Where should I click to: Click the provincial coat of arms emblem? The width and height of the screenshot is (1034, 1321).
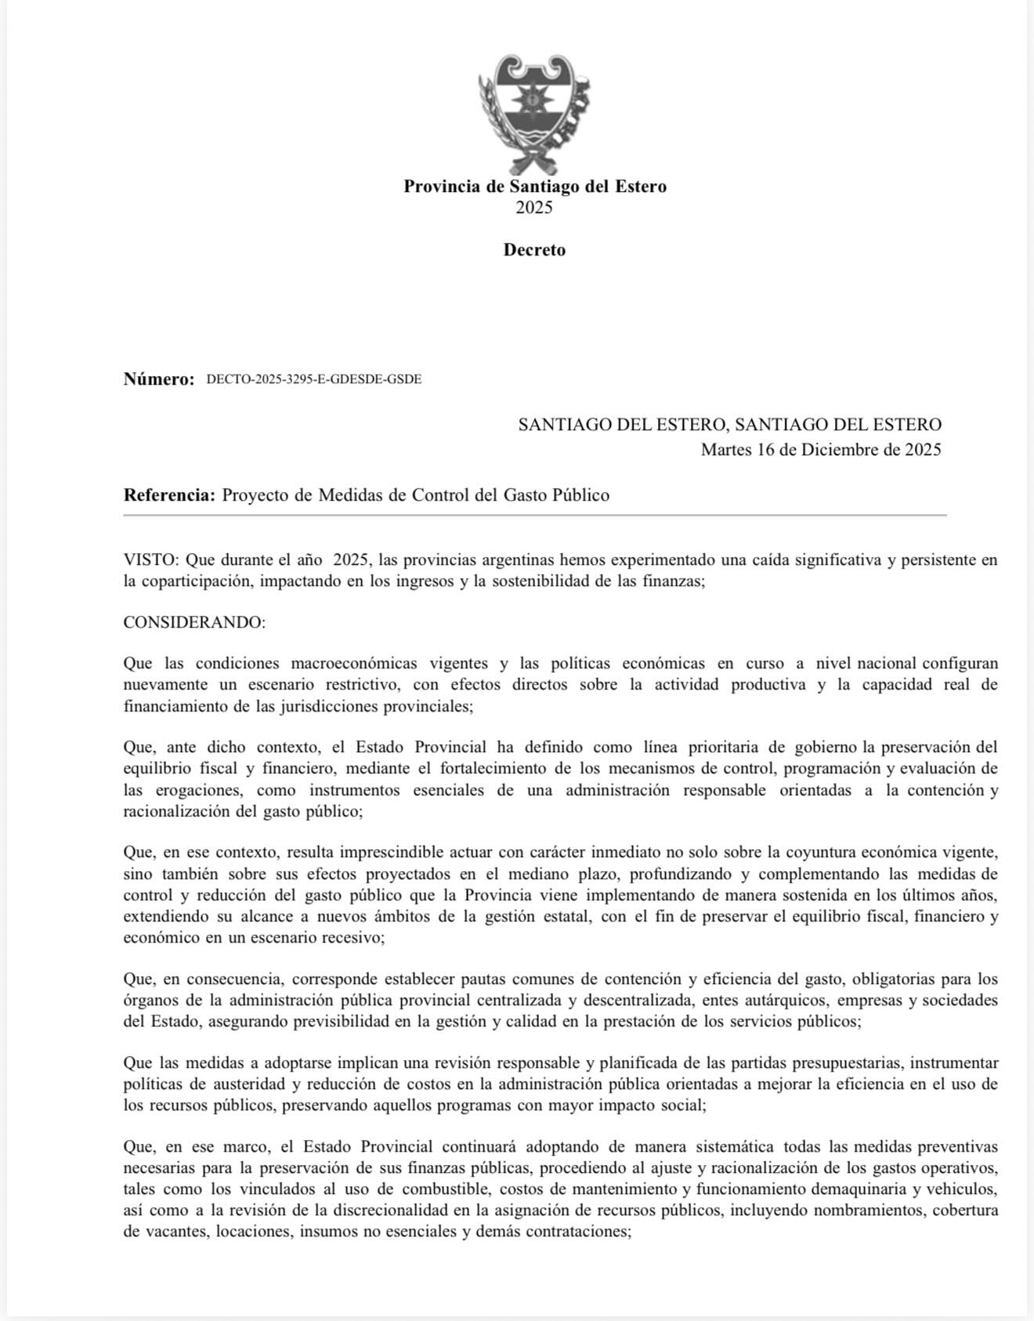point(534,114)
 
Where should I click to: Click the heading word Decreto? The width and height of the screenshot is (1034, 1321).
point(534,250)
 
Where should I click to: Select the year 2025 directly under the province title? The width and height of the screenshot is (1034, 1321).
point(534,208)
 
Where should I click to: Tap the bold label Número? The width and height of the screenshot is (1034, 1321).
point(159,380)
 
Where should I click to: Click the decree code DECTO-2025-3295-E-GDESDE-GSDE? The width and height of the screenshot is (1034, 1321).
point(314,380)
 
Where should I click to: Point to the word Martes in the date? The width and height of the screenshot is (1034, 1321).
point(726,450)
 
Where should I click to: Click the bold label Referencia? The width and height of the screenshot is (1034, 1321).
point(169,495)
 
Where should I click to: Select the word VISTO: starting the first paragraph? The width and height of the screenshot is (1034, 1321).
point(152,560)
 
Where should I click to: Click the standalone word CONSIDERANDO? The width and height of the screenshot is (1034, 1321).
point(194,623)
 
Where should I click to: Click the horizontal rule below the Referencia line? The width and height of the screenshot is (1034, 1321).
point(534,515)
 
